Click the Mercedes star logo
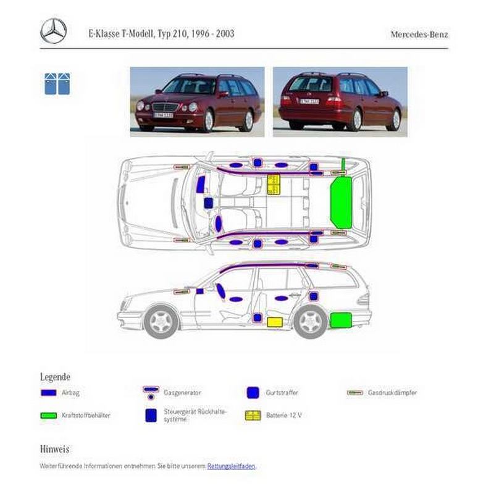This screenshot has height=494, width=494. (x=53, y=31)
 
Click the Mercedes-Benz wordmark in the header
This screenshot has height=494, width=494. (x=419, y=35)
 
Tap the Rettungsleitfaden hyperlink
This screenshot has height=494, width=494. (x=231, y=466)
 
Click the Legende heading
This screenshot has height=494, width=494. (x=55, y=377)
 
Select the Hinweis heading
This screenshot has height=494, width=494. (x=54, y=449)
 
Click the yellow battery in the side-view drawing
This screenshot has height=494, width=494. (x=275, y=322)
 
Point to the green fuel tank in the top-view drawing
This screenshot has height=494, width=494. (x=341, y=203)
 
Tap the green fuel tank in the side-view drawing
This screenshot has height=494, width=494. (x=341, y=320)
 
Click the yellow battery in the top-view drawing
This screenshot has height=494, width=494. (x=274, y=184)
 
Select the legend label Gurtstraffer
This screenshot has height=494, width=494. (x=282, y=393)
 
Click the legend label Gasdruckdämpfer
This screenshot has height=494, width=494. (x=392, y=393)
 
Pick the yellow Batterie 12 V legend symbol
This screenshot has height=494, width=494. (x=253, y=416)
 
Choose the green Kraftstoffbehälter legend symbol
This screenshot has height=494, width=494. (x=49, y=416)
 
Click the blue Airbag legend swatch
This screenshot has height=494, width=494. (x=49, y=393)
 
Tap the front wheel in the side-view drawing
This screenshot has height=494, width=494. (x=161, y=322)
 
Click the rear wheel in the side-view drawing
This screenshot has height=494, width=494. (x=311, y=322)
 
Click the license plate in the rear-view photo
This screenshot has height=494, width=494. (x=309, y=101)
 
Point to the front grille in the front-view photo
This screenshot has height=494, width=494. (x=165, y=107)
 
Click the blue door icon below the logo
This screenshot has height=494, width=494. (x=57, y=84)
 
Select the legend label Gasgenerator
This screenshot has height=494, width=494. (x=182, y=393)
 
